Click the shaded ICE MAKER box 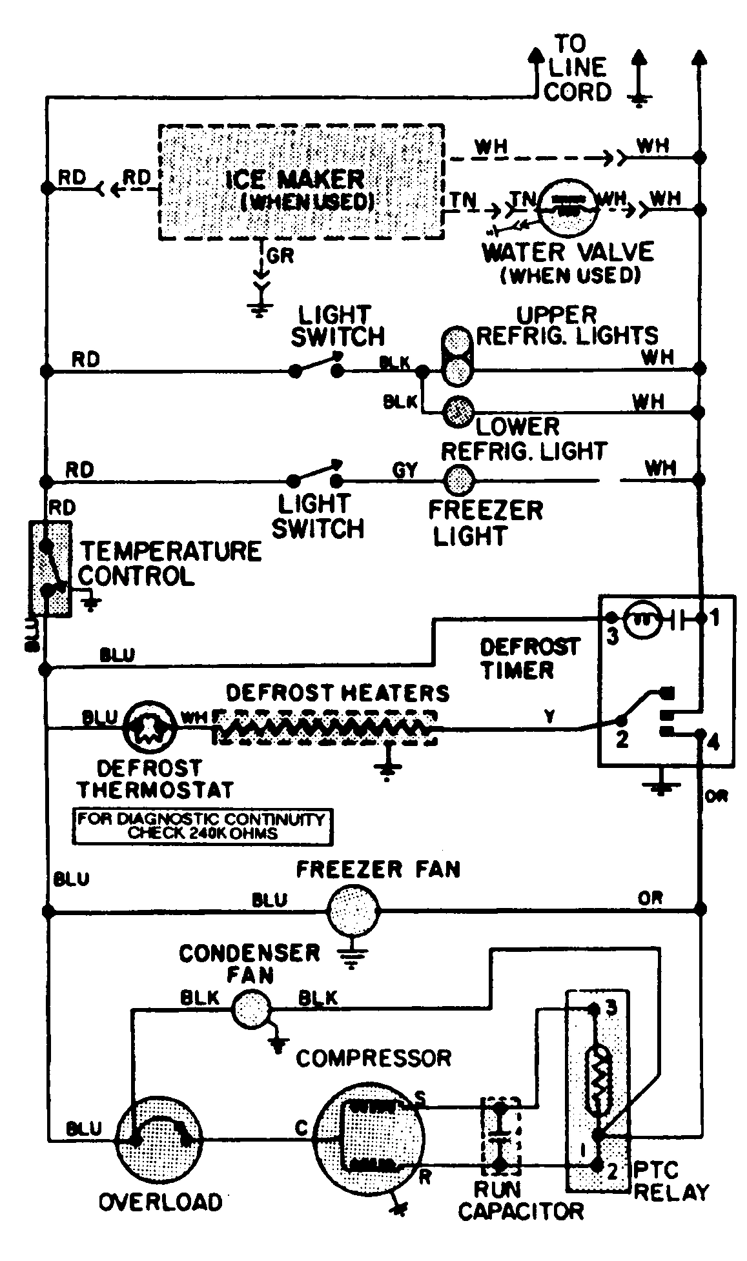(302, 183)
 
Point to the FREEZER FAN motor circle (353, 911)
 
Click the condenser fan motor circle (251, 1009)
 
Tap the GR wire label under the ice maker (280, 256)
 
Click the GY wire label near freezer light (405, 470)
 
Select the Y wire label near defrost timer (549, 716)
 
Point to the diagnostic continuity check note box (202, 826)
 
